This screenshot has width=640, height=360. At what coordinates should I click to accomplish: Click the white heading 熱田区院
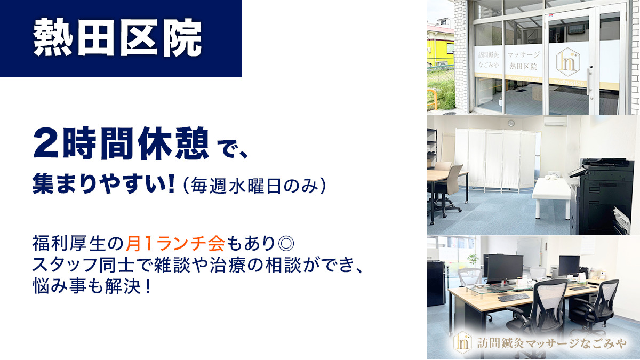click(117, 37)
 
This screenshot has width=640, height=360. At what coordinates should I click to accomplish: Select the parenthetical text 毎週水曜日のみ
click(254, 186)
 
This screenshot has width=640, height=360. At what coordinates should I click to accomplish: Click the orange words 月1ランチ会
click(175, 243)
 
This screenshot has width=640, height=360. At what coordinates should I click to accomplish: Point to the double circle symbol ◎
click(286, 243)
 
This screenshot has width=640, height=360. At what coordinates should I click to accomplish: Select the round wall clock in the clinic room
click(511, 123)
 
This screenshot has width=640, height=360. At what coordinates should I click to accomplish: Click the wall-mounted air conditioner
click(555, 121)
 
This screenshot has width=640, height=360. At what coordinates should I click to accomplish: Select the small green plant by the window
click(473, 260)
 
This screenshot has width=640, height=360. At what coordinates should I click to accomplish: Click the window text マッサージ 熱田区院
click(523, 61)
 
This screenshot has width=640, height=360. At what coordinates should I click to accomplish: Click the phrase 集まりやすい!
click(103, 184)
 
